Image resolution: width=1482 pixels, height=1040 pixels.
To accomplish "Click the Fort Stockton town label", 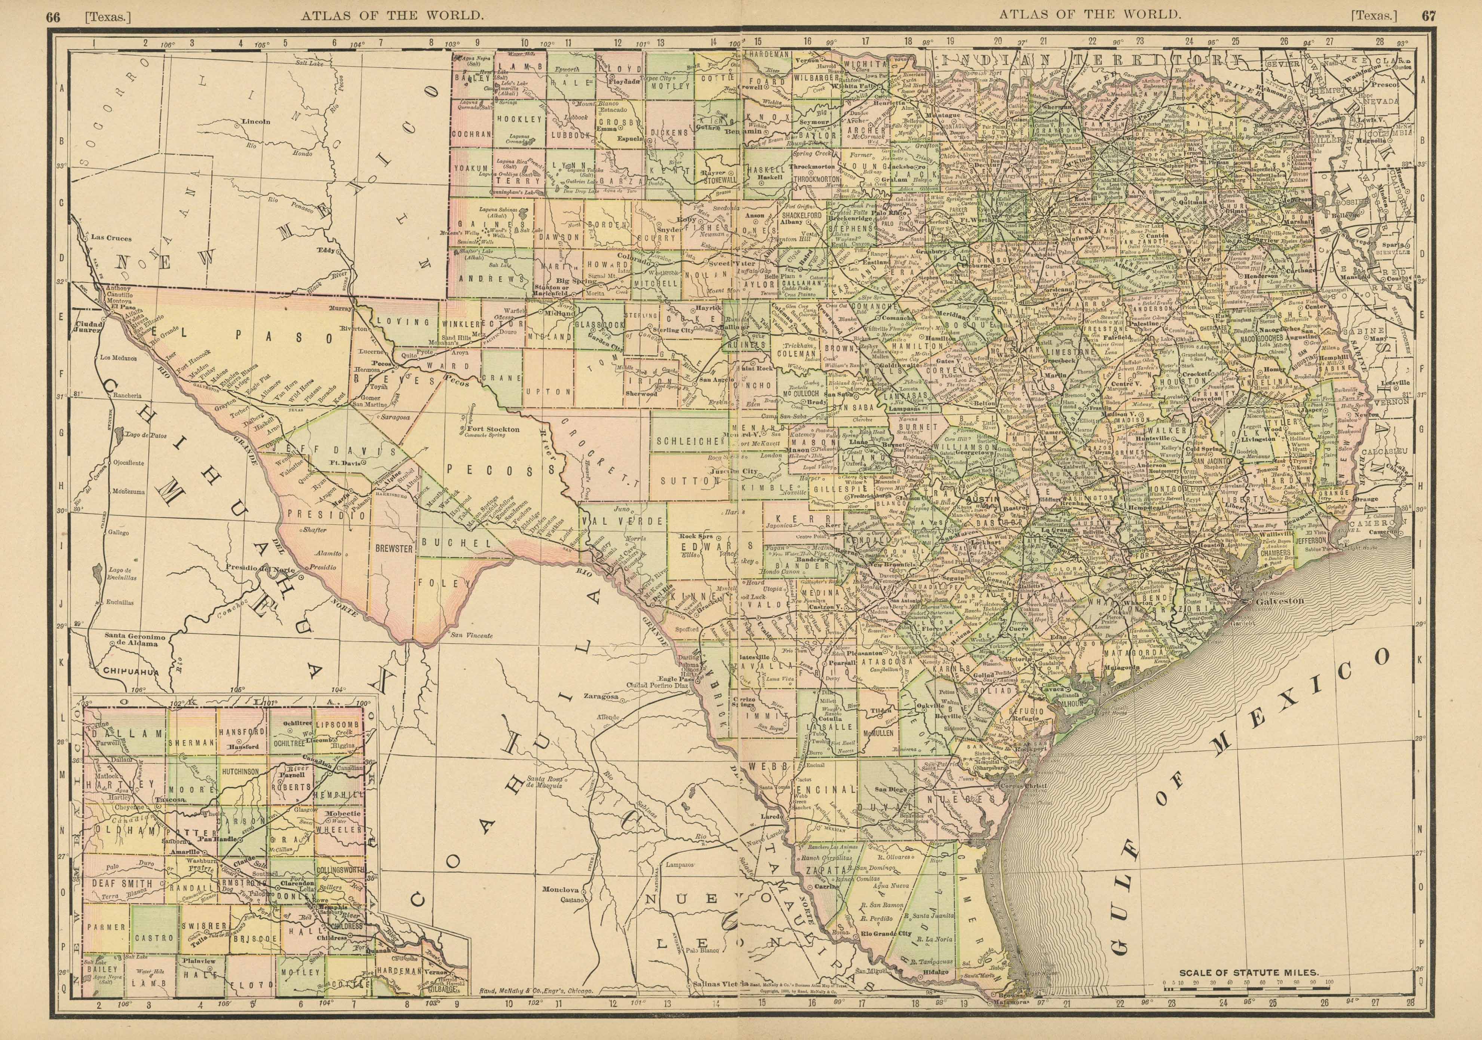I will point(496,428).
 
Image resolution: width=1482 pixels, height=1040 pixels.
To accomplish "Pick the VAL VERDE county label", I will point(622,520).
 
